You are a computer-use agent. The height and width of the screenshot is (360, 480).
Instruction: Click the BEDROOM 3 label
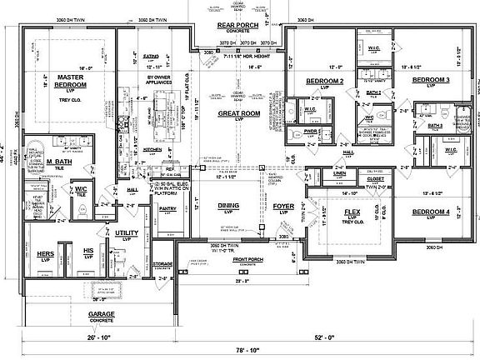[432, 80]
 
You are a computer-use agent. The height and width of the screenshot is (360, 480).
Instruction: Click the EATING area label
[150, 57]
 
